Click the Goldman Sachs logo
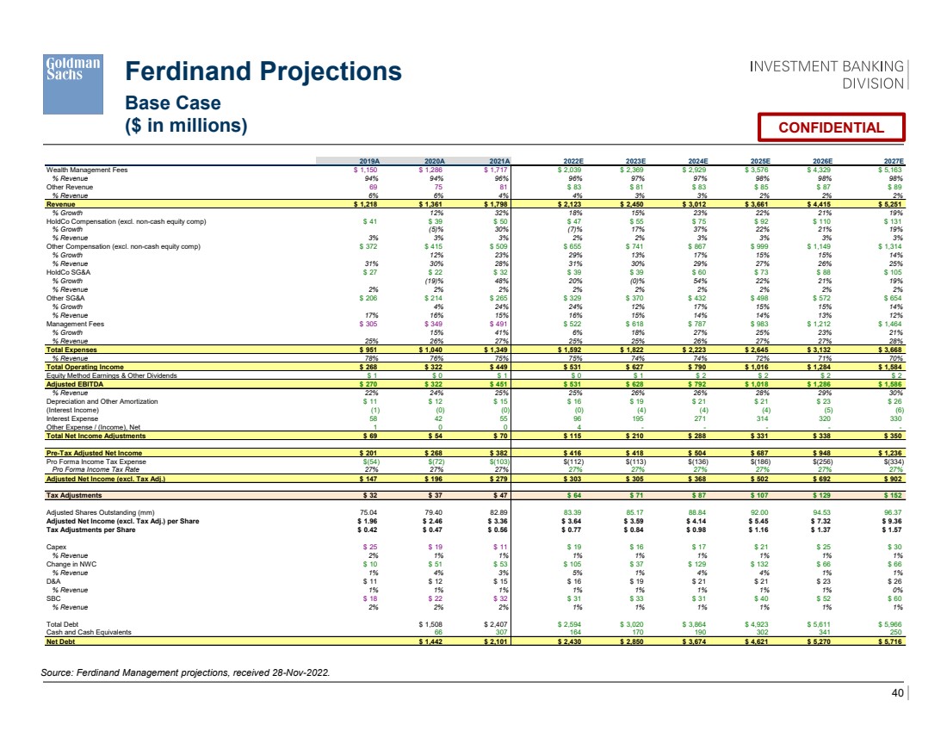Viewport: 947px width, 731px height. [73, 93]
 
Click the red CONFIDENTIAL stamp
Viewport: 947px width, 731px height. [831, 127]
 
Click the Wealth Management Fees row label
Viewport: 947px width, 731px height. [87, 170]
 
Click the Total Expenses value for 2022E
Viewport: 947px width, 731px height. [573, 350]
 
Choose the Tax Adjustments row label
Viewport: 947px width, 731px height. [74, 496]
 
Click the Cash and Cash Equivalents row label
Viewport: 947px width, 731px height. [90, 632]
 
